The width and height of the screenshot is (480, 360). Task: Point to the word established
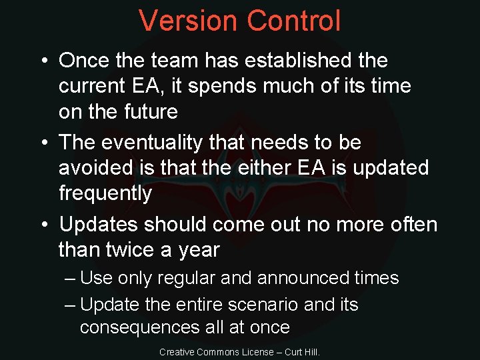(297, 60)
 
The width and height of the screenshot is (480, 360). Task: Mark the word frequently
(105, 193)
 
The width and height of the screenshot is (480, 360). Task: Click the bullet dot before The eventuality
(43, 143)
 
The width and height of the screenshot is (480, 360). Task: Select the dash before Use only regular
(71, 278)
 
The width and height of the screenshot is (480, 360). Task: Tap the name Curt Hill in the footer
(302, 351)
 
